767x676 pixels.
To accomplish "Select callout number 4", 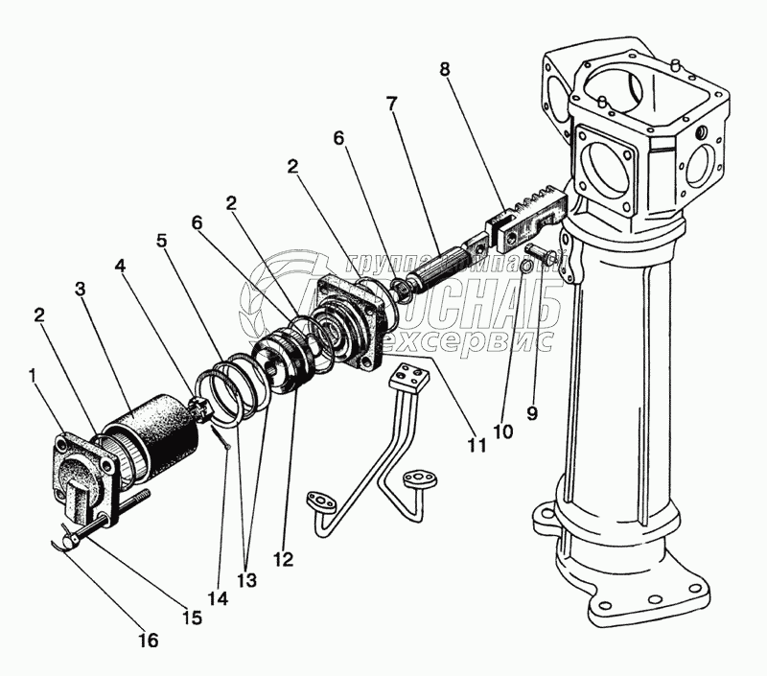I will (119, 264).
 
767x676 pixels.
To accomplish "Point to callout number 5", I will (162, 242).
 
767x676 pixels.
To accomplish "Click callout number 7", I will (391, 103).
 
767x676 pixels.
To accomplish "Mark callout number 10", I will (503, 431).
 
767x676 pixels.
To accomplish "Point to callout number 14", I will (220, 599).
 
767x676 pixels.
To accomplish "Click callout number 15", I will (193, 618).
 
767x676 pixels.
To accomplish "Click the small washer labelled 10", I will (526, 264).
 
